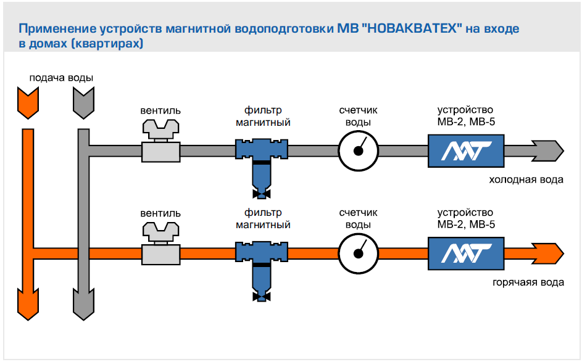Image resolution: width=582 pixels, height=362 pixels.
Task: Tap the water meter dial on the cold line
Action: (358, 150)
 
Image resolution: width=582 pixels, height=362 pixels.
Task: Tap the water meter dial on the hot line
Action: (358, 253)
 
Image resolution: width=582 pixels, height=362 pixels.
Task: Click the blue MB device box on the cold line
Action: (466, 150)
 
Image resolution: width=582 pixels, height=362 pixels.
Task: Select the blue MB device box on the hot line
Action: (466, 252)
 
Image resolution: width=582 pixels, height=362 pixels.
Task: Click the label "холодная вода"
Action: (526, 180)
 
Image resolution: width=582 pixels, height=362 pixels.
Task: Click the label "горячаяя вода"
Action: (528, 282)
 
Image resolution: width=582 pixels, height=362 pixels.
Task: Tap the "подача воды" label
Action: (62, 78)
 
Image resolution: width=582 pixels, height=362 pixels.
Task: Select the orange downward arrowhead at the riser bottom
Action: (27, 305)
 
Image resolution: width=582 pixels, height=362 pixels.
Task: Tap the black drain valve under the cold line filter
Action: (262, 196)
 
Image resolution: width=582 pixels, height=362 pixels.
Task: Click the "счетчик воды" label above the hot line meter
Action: (358, 219)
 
